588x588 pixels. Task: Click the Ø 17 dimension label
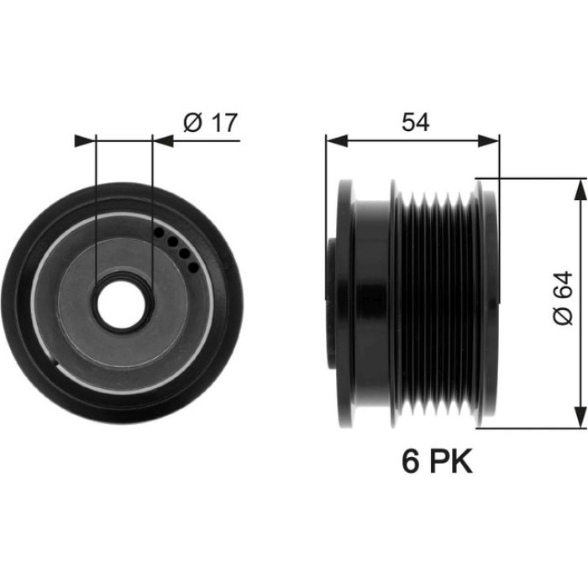pos(210,123)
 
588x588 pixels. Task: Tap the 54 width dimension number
pos(415,123)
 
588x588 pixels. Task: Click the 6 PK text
pos(437,462)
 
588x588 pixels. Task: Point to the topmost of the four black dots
pos(159,233)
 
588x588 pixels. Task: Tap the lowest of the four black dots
pos(192,267)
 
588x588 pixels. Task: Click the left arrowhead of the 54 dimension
pos(337,141)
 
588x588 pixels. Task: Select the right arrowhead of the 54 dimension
pos(489,141)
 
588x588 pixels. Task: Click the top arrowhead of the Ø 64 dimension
pos(580,190)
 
